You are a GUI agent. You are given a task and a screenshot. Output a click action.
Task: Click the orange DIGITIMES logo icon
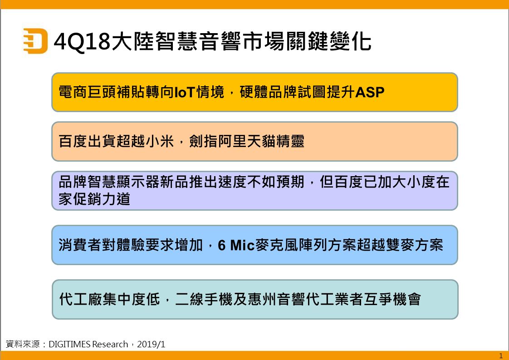tap(35, 41)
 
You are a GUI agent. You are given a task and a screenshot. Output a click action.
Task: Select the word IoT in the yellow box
tap(184, 92)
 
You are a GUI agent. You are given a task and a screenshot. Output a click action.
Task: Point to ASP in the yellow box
tap(370, 92)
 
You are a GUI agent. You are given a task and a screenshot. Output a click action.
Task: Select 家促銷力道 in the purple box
tap(94, 199)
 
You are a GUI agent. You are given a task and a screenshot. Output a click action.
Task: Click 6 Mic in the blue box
tap(236, 245)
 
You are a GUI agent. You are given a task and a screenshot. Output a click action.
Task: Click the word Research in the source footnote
tap(110, 345)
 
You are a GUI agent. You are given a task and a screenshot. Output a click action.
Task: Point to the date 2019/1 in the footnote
tap(151, 345)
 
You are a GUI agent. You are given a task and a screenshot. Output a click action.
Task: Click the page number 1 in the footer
tap(500, 356)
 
